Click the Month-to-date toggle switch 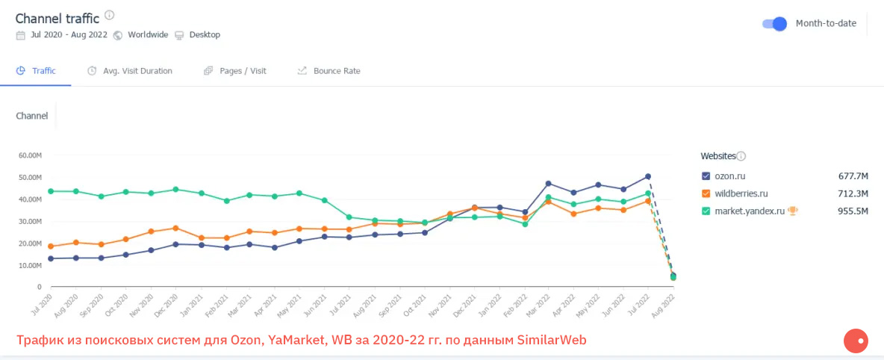[x=774, y=24]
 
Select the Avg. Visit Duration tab [x=130, y=71]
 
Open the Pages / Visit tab [x=234, y=71]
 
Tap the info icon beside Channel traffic [x=110, y=16]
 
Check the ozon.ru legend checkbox [x=706, y=176]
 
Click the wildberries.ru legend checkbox [x=706, y=193]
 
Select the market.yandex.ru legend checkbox [x=706, y=211]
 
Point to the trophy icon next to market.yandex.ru [x=793, y=211]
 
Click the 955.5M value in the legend [x=853, y=211]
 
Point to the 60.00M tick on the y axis [x=30, y=155]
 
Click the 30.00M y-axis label [x=30, y=221]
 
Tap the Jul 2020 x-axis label [x=40, y=305]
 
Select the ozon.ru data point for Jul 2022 [x=648, y=177]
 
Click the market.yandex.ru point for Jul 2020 [x=51, y=191]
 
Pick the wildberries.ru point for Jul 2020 [x=51, y=246]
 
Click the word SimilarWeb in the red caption [x=551, y=341]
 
